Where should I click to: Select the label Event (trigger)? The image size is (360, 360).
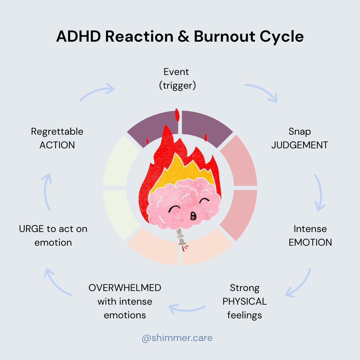[x=177, y=79]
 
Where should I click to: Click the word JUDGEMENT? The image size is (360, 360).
[x=300, y=145]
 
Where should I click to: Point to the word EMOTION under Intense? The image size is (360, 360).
[x=310, y=242]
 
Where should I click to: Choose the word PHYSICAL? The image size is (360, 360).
[x=245, y=301]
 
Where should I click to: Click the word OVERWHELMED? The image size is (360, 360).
[x=125, y=288]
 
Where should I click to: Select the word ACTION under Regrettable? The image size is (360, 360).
[x=57, y=145]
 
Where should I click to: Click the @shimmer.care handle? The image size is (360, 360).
[x=177, y=338]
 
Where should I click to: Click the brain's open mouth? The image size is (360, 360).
[x=193, y=216]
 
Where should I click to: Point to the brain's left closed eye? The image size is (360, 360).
[x=174, y=209]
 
